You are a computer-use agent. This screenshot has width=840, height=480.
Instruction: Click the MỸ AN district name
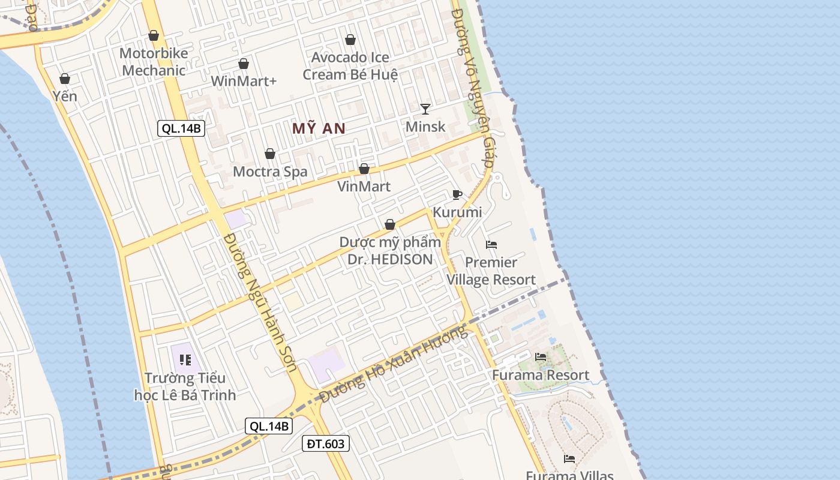click(x=319, y=128)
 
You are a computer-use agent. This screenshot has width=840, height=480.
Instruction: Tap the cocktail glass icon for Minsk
click(x=425, y=109)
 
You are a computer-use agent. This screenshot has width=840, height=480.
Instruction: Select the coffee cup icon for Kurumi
click(x=457, y=194)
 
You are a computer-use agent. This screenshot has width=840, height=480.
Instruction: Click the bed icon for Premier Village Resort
click(x=491, y=244)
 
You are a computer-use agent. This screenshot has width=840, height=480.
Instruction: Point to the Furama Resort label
click(x=541, y=375)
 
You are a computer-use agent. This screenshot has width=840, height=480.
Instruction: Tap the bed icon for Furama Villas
click(x=569, y=459)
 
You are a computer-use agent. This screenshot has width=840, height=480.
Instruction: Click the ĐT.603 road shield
click(x=325, y=443)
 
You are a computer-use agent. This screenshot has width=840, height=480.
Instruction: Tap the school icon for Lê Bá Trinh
click(x=185, y=360)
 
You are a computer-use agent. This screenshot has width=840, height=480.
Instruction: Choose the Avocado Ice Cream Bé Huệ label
click(x=350, y=66)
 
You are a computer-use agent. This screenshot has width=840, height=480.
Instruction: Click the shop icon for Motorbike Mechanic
click(x=154, y=35)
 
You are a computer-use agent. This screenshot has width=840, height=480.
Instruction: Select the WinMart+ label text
click(x=244, y=80)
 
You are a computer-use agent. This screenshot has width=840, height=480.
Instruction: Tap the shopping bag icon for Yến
click(x=65, y=79)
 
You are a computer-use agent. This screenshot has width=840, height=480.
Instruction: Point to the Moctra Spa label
click(x=270, y=172)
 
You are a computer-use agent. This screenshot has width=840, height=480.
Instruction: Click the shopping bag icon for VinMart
click(x=364, y=169)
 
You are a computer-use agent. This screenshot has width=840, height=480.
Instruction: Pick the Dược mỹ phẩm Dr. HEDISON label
click(x=390, y=251)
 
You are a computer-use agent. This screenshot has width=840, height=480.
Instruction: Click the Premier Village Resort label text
click(x=491, y=271)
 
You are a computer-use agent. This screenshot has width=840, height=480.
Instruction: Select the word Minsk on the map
click(x=425, y=127)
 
